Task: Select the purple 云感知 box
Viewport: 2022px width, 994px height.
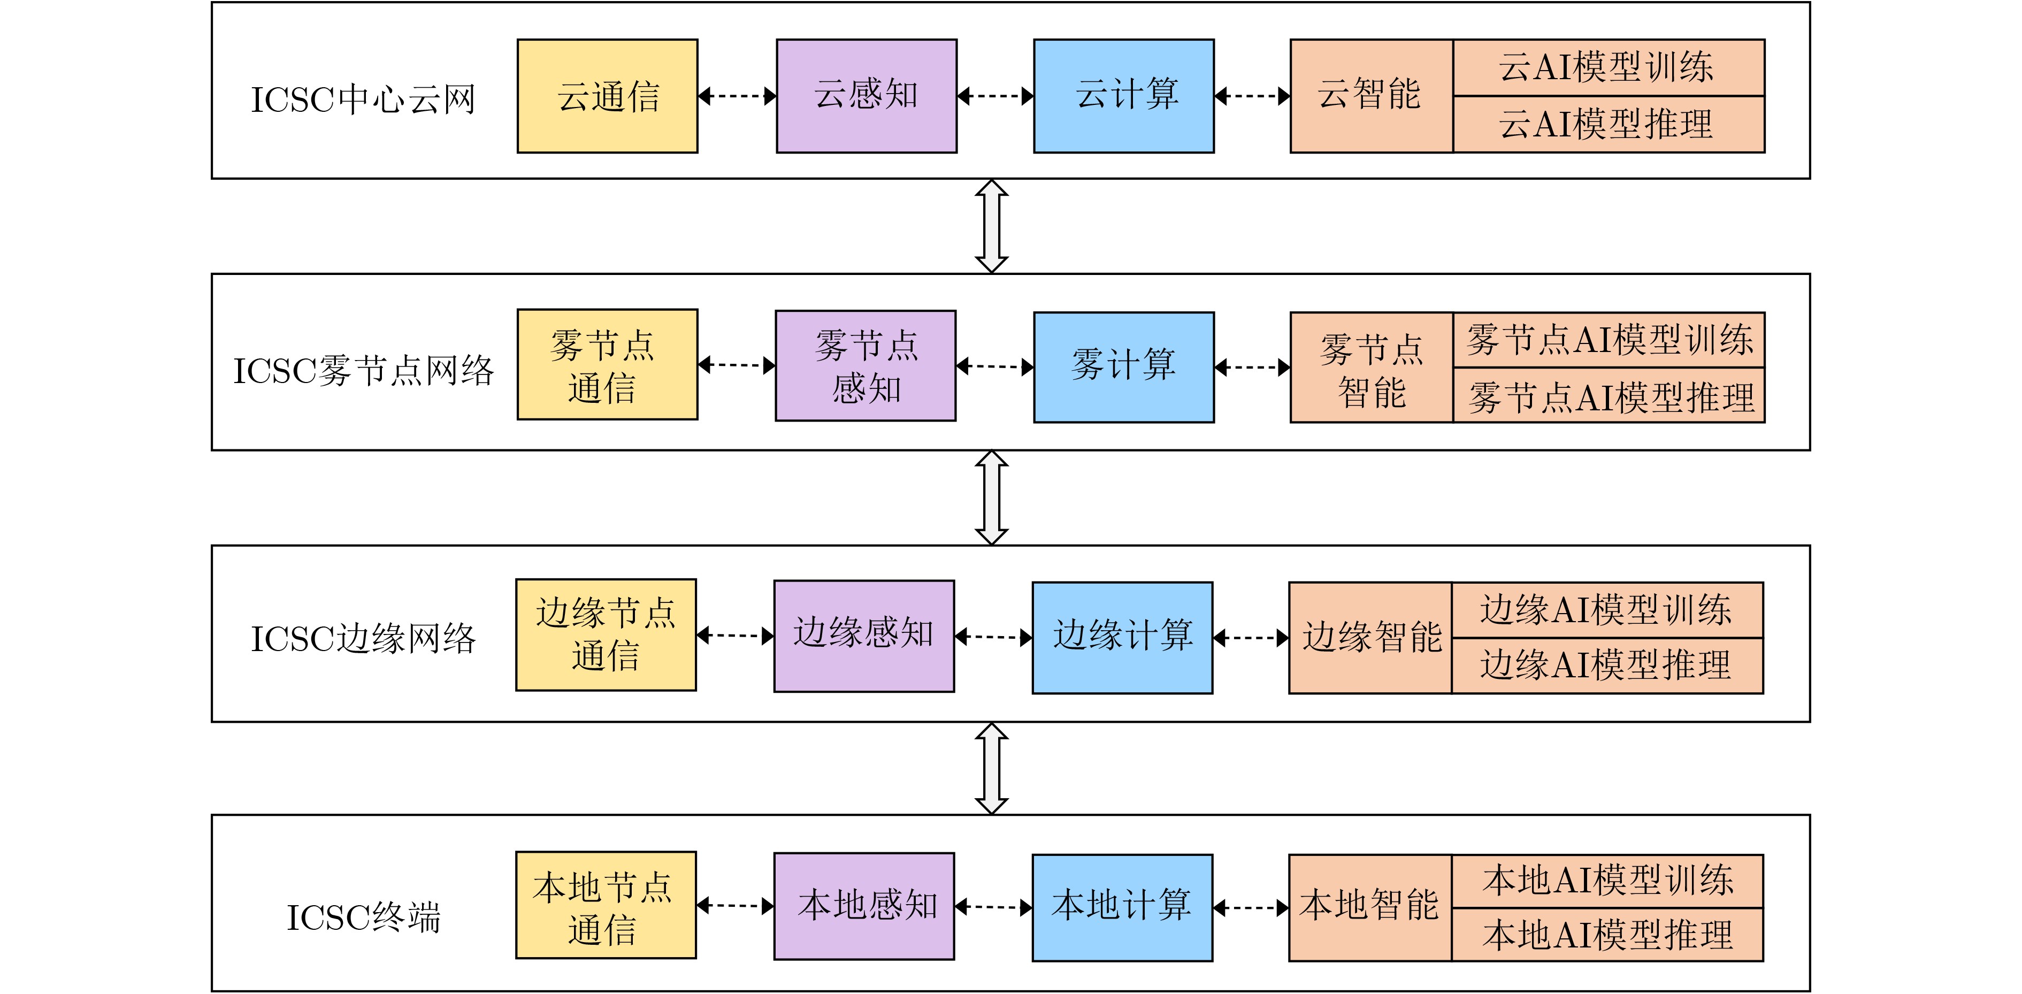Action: coord(866,96)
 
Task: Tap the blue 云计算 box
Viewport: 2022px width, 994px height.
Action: coord(1123,96)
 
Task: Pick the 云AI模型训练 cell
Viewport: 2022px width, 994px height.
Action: coord(1609,67)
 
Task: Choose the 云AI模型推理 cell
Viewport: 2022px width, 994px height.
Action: coord(1609,124)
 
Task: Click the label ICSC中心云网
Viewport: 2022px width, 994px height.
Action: coord(363,100)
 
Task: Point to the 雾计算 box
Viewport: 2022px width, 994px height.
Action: coord(1123,366)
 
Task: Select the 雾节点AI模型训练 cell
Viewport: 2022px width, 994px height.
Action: coord(1609,339)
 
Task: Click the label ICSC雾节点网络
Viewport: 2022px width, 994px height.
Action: coord(363,371)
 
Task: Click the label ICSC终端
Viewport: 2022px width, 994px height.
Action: coord(363,917)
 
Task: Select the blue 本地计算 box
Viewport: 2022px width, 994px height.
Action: coord(1122,907)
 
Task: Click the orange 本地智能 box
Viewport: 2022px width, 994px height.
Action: coord(1370,907)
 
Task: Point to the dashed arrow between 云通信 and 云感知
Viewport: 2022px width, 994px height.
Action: coord(737,96)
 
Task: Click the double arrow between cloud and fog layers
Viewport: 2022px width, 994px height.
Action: coord(991,226)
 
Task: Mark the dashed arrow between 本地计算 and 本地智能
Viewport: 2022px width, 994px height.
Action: coord(1251,908)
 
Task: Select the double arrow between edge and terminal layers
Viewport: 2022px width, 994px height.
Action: coord(991,768)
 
